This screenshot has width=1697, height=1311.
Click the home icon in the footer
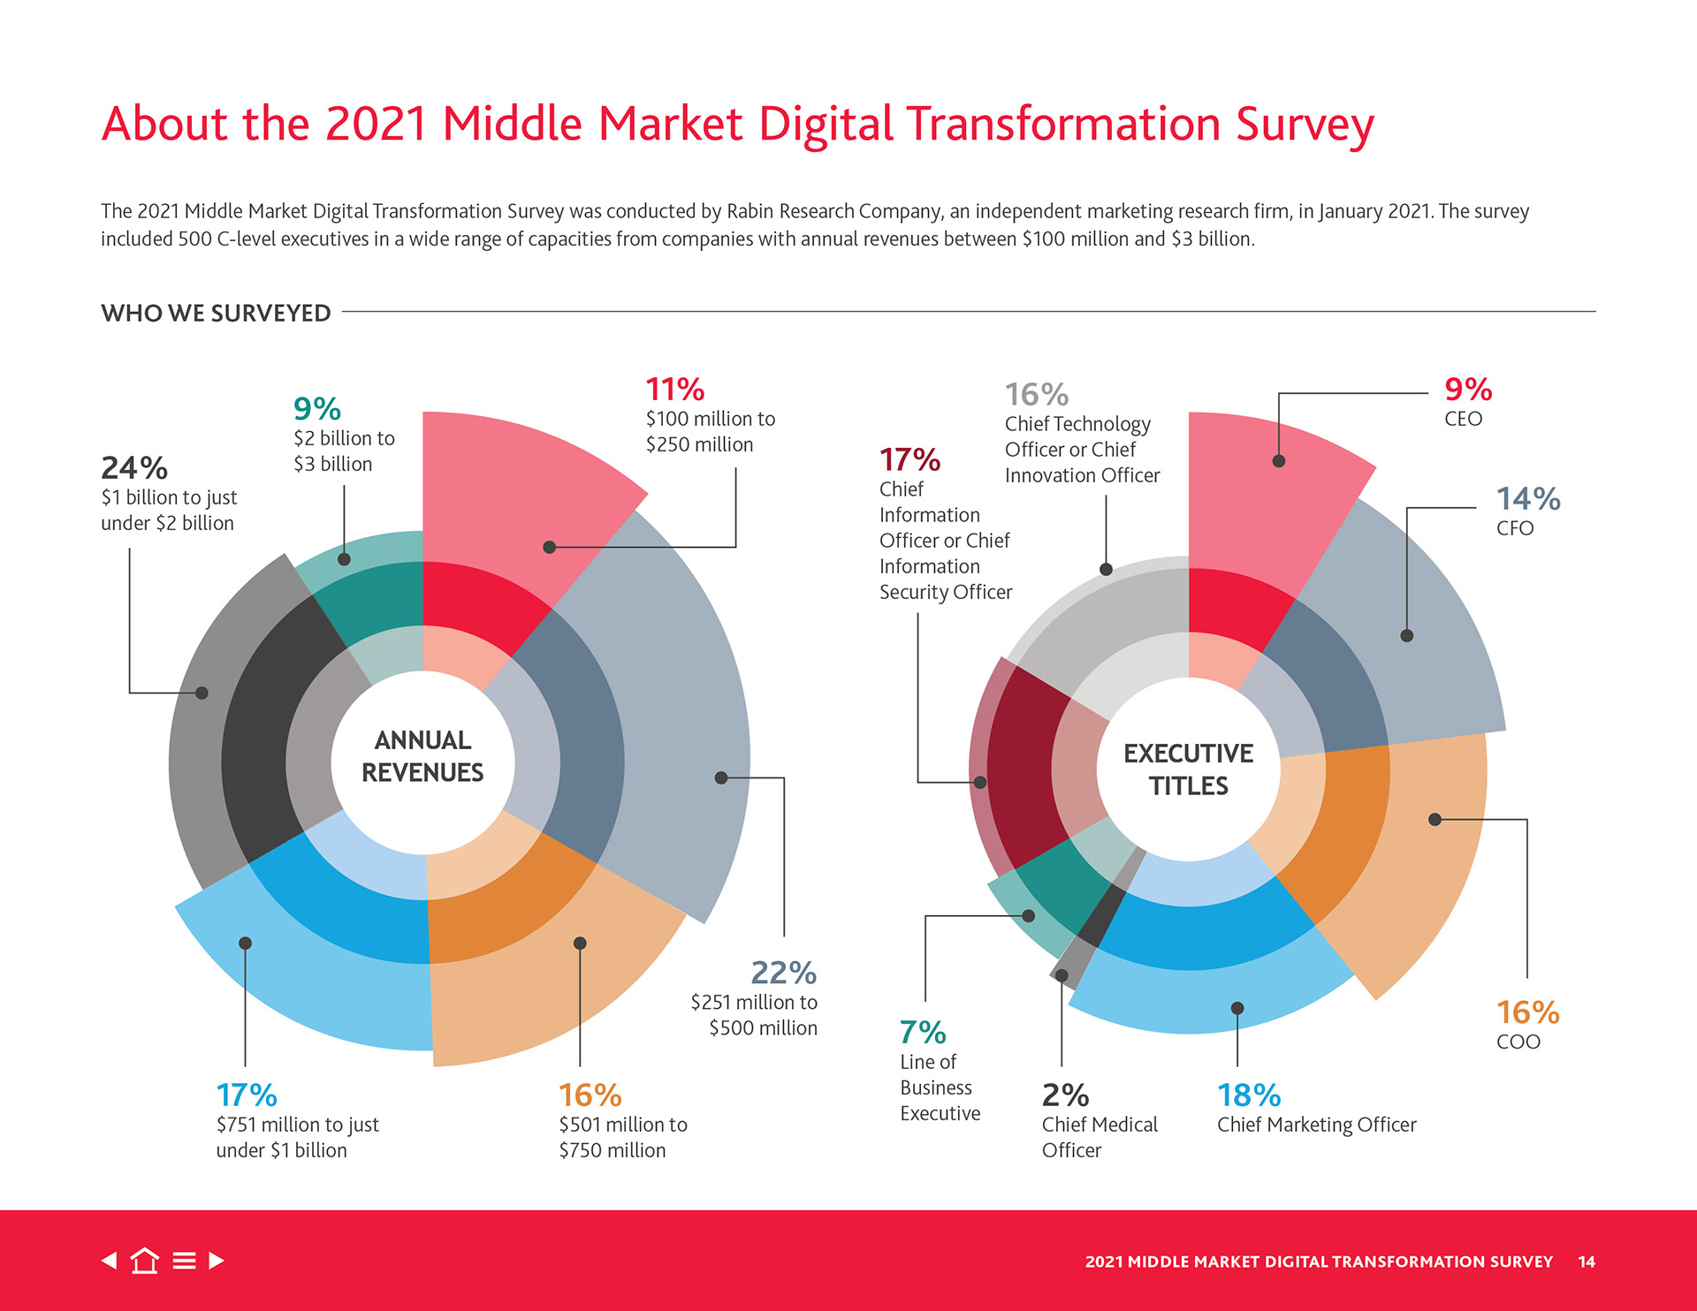145,1261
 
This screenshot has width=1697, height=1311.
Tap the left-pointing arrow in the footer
110,1261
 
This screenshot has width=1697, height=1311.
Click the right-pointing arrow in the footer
217,1261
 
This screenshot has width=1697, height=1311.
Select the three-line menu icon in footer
184,1261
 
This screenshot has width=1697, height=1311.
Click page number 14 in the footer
1587,1262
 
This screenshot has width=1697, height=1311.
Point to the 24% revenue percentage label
134,467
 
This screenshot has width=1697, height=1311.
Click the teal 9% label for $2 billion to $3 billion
316,409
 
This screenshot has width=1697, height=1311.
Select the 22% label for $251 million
783,973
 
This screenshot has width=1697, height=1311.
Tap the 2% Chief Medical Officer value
1065,1095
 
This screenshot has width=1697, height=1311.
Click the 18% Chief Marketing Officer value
1249,1095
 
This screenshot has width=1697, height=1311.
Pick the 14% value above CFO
1527,499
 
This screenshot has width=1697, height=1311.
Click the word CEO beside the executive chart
1463,419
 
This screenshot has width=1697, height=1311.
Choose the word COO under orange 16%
1518,1042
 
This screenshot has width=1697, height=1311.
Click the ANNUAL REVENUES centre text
422,756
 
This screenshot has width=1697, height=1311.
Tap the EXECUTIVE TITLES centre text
1188,769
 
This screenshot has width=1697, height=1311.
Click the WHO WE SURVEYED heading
216,314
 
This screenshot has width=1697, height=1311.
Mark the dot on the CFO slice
1406,635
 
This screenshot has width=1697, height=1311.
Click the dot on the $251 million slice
721,777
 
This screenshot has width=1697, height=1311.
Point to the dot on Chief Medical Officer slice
1062,975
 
